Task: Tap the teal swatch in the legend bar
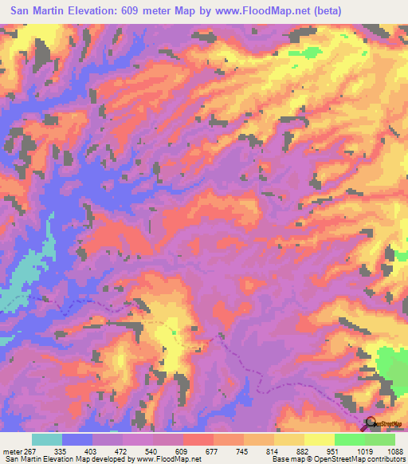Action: click(47, 440)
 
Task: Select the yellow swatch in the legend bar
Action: click(320, 440)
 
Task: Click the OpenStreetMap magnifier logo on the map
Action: click(370, 423)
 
